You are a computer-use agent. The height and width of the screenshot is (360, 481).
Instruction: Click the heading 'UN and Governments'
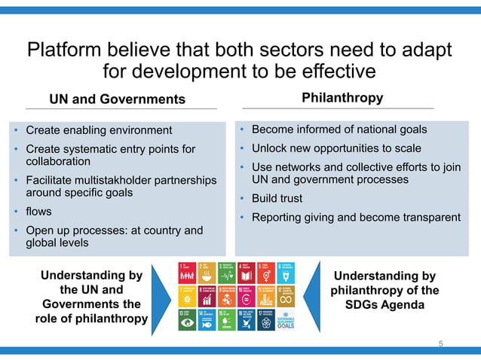[117, 99]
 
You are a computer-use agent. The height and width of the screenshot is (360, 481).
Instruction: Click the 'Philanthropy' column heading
[342, 98]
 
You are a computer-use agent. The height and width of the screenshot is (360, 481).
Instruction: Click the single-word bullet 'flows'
[39, 211]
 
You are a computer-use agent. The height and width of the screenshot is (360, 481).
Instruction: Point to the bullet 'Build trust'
[277, 199]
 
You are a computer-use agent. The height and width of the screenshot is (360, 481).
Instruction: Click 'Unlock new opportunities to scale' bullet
[336, 148]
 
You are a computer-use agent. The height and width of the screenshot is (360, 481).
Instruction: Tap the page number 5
[441, 343]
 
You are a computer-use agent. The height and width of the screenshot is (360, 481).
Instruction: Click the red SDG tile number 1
[187, 272]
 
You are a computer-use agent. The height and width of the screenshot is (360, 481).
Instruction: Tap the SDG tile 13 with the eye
[187, 319]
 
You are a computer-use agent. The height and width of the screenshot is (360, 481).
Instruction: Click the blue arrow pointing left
[314, 296]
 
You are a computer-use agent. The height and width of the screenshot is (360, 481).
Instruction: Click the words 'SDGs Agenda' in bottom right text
[384, 304]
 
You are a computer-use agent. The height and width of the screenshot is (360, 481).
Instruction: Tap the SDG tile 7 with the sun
[187, 295]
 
